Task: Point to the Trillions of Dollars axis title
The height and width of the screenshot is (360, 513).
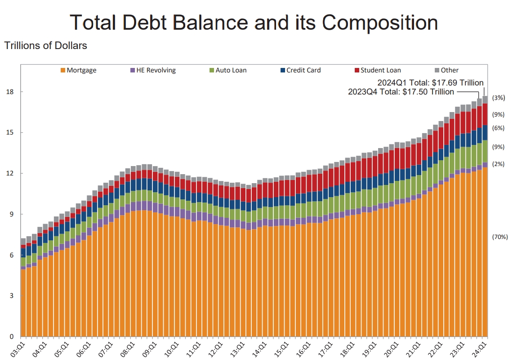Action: [45, 45]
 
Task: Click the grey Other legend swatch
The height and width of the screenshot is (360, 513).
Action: [437, 70]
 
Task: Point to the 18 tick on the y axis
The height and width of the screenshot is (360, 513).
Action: [9, 92]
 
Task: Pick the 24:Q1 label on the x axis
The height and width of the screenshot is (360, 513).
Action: [482, 348]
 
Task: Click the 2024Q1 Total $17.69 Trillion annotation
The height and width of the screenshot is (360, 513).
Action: [430, 82]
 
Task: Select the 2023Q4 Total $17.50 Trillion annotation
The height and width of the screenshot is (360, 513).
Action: [401, 92]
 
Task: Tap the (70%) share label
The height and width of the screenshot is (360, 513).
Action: [500, 237]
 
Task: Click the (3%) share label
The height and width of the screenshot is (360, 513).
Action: [499, 98]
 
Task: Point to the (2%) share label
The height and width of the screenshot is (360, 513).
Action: [499, 164]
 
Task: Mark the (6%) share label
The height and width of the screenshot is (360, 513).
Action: [499, 128]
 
